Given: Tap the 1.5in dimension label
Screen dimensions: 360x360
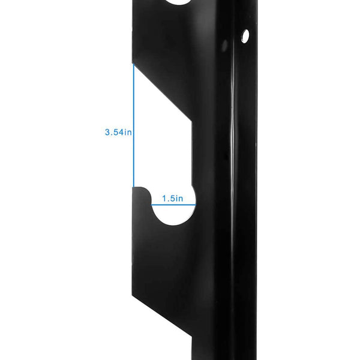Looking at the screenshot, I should click(172, 198).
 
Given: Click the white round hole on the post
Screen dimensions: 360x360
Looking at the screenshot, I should click(244, 37).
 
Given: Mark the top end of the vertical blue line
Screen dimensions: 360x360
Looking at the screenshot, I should click(133, 64).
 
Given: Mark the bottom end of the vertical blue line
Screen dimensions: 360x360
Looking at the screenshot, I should click(133, 187).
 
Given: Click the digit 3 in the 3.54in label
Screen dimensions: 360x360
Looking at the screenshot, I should click(107, 132).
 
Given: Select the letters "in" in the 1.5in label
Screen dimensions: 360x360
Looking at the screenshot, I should click(179, 198).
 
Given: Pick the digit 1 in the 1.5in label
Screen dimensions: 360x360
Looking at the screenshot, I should click(163, 198).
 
